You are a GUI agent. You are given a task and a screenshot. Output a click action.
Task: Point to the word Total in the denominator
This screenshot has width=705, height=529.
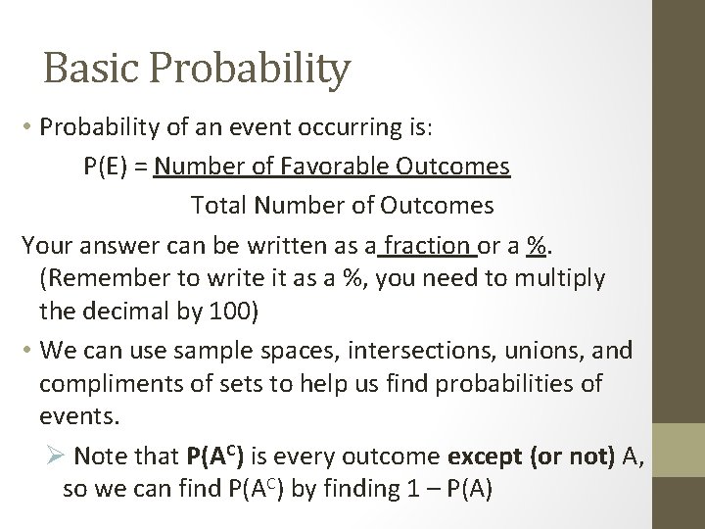[219, 206]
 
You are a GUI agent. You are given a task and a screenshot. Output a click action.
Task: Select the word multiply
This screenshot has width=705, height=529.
[555, 278]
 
